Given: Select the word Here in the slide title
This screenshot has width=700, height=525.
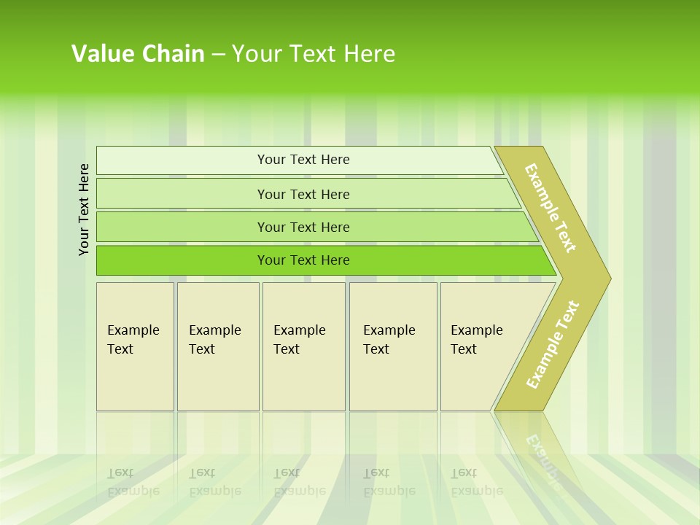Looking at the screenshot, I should point(369,54).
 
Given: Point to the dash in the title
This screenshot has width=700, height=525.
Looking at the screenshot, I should point(218,55).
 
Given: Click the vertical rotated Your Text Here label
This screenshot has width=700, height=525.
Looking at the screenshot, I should point(84,210).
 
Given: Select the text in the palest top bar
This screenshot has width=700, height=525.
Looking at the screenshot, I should point(303,160).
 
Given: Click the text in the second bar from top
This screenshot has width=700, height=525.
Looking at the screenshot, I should point(303,195).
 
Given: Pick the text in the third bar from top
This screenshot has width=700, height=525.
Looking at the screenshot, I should point(303,227).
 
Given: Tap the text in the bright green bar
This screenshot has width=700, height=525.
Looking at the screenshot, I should point(303,260).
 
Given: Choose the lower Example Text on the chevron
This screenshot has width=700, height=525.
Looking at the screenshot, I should point(553,345).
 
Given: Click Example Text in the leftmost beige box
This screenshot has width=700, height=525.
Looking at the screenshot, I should point(133,340).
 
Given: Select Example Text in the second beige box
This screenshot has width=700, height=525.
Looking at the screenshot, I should point(214,340).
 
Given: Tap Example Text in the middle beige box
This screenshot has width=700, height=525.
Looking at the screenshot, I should point(299,340).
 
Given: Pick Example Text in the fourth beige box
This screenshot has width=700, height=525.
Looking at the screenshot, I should point(389,340).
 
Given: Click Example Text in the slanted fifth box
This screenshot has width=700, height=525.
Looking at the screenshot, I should point(476,340).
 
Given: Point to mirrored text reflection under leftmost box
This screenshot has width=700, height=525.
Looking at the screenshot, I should point(133,482).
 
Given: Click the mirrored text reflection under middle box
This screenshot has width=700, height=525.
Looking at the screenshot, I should point(299,482).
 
